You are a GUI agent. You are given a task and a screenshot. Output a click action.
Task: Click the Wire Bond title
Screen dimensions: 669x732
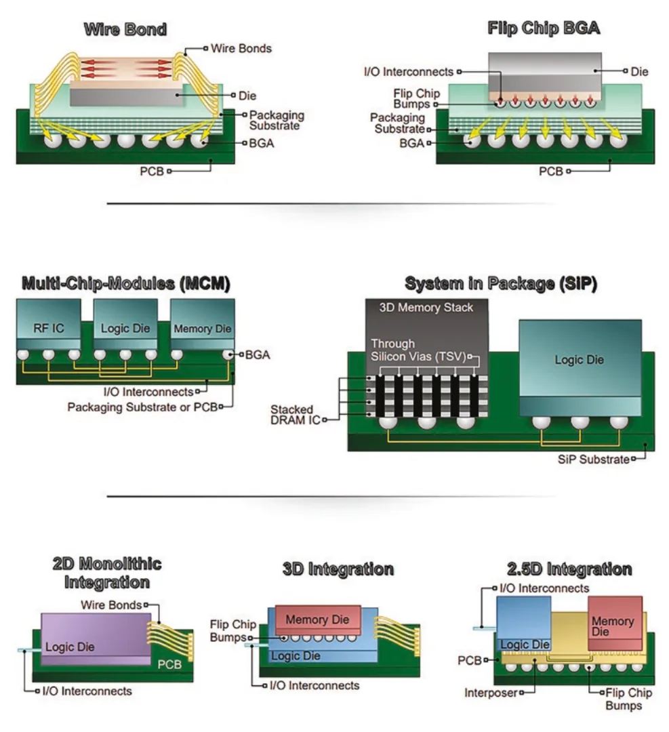(x=125, y=29)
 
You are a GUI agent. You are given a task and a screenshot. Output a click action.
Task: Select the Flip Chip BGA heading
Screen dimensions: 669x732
(x=544, y=28)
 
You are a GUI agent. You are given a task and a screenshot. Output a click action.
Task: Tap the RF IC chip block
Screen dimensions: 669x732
(x=49, y=325)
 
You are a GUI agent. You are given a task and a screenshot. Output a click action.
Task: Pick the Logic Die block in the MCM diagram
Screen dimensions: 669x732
(x=125, y=325)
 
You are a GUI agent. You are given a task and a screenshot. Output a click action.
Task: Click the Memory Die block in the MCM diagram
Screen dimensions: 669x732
(x=202, y=325)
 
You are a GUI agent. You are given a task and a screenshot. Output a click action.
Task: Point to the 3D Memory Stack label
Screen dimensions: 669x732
(x=426, y=308)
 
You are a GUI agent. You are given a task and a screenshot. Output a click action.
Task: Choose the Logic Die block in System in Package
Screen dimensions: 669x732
(x=580, y=368)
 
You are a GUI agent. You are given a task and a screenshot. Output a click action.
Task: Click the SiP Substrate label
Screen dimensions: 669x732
(x=593, y=460)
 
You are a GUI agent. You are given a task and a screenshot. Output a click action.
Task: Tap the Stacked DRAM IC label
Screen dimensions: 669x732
(x=295, y=415)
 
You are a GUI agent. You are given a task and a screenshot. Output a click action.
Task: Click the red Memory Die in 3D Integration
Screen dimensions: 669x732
(x=318, y=620)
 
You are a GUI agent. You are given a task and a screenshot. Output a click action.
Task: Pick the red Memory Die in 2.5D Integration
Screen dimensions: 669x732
(x=615, y=623)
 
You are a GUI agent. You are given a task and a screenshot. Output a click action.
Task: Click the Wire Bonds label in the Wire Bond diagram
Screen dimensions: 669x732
(x=241, y=49)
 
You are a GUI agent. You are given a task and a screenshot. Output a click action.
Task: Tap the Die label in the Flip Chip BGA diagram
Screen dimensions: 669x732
(x=639, y=72)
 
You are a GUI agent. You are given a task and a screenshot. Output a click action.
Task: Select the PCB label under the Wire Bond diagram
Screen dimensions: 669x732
(x=152, y=171)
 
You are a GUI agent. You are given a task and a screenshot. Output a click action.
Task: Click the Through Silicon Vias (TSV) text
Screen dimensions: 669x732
(x=418, y=350)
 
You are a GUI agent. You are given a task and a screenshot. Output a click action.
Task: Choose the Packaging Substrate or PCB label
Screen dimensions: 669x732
(x=142, y=407)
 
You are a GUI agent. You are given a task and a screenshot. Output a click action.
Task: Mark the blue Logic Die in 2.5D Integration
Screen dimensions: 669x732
(x=524, y=624)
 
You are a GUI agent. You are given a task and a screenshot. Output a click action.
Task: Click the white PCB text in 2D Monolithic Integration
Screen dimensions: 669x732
(x=169, y=664)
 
